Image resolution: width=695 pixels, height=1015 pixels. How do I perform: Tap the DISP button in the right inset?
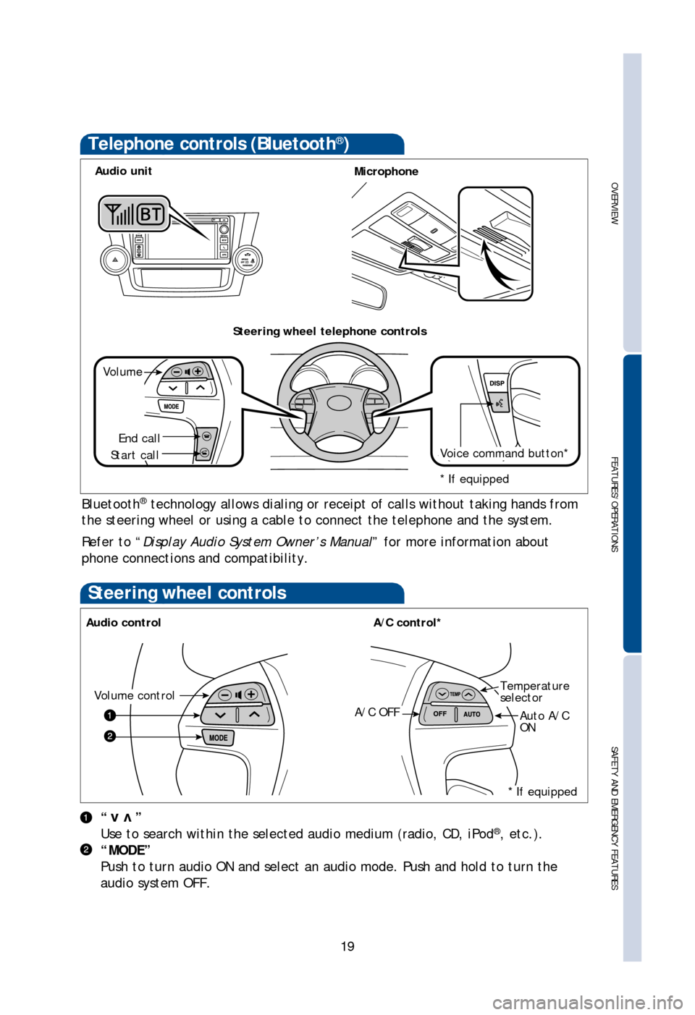(x=497, y=383)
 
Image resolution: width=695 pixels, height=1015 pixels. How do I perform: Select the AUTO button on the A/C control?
(x=472, y=714)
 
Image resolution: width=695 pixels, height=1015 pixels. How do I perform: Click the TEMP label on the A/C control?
(x=455, y=695)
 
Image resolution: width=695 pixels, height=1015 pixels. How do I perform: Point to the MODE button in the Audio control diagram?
(x=218, y=738)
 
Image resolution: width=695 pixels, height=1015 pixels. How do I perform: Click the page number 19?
(x=347, y=946)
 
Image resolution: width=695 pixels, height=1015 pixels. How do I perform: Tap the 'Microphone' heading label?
(x=386, y=171)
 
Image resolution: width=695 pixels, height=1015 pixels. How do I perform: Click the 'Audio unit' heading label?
(x=123, y=171)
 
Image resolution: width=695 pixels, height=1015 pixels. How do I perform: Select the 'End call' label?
(x=139, y=438)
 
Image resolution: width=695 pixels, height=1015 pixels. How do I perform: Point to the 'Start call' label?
(x=135, y=455)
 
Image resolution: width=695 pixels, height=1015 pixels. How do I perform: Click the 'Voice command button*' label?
(x=504, y=454)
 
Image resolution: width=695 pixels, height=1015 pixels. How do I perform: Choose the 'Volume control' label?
(x=135, y=695)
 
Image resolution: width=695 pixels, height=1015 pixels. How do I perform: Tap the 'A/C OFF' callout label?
(x=377, y=713)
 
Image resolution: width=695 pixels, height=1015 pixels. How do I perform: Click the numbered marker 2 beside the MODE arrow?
(x=109, y=736)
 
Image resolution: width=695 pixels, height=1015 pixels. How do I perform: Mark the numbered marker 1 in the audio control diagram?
(x=109, y=715)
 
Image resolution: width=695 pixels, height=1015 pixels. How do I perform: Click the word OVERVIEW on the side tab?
(x=614, y=203)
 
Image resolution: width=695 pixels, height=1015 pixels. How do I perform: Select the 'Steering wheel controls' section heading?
(x=187, y=593)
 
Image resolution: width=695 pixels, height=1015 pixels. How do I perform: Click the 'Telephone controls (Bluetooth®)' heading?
(x=218, y=144)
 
